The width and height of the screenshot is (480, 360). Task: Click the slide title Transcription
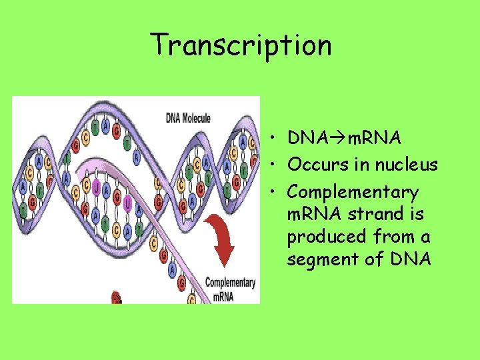click(x=241, y=45)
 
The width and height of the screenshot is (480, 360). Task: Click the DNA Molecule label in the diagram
click(x=188, y=119)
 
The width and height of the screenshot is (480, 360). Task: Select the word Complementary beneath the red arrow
click(x=230, y=283)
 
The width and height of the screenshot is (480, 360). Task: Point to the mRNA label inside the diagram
click(x=223, y=297)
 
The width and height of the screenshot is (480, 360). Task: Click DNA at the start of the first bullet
click(x=305, y=138)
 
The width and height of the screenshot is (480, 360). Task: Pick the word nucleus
click(x=406, y=165)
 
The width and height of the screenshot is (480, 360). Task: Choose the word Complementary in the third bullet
click(x=353, y=193)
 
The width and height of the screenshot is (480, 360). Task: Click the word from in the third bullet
click(x=393, y=237)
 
